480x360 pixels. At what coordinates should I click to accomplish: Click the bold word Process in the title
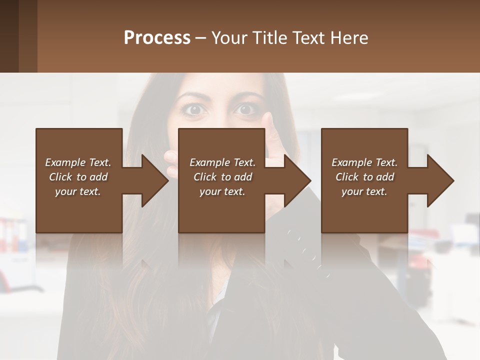click(157, 38)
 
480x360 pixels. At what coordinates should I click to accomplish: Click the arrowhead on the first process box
click(155, 180)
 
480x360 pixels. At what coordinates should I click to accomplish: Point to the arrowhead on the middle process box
click(297, 180)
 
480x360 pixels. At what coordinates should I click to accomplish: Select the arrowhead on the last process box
click(440, 180)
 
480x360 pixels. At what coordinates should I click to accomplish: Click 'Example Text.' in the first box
click(78, 162)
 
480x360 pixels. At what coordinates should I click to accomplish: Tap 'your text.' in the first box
click(78, 191)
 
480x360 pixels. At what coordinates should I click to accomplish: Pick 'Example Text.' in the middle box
click(222, 162)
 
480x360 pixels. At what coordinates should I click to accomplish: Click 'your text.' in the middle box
click(222, 191)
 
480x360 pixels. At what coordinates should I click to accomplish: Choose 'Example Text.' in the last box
click(364, 162)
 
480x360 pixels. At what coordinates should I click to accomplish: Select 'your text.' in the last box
click(364, 191)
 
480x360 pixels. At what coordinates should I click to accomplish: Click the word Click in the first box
click(60, 177)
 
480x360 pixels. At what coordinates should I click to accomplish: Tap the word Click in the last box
click(347, 177)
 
